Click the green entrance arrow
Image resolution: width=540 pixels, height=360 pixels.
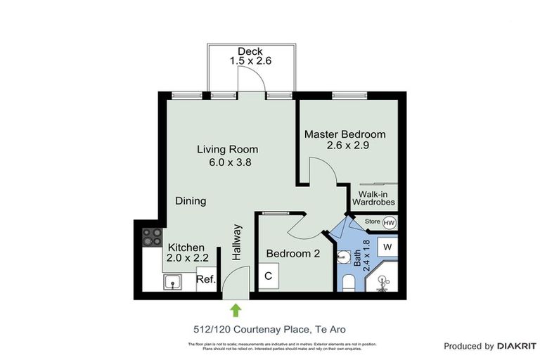(236, 309)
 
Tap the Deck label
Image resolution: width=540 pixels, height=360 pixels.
(250, 51)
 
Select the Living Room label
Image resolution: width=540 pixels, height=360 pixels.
(227, 149)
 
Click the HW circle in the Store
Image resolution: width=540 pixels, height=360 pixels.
(390, 223)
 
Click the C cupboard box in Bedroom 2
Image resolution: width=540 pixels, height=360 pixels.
(268, 276)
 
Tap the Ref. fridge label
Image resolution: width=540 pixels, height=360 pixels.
(205, 279)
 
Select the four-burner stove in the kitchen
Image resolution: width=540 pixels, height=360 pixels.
(153, 237)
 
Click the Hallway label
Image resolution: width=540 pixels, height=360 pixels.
(236, 243)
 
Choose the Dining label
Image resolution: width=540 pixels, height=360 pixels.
(191, 201)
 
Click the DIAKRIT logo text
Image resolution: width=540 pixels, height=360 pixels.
(516, 346)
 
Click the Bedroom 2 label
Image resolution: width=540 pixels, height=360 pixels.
(293, 255)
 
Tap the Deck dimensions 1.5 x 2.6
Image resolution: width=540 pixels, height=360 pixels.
(250, 61)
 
